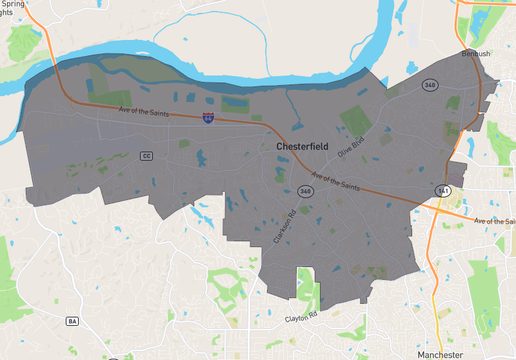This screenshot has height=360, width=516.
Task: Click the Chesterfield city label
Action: click(303, 146)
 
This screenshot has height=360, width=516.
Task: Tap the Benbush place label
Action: click(476, 54)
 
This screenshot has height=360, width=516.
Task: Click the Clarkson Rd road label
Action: click(284, 226)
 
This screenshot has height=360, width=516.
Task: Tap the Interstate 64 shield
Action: click(208, 118)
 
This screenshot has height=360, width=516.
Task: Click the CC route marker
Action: click(146, 156)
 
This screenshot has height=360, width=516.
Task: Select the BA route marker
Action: click(72, 321)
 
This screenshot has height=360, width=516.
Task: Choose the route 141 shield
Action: click(441, 190)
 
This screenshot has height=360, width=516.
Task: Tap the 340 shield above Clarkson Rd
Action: click(305, 191)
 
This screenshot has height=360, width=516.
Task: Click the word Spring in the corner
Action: click(13, 4)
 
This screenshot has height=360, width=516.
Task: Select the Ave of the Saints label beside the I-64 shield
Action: click(146, 112)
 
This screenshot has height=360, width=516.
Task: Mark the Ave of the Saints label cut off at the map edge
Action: click(494, 220)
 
